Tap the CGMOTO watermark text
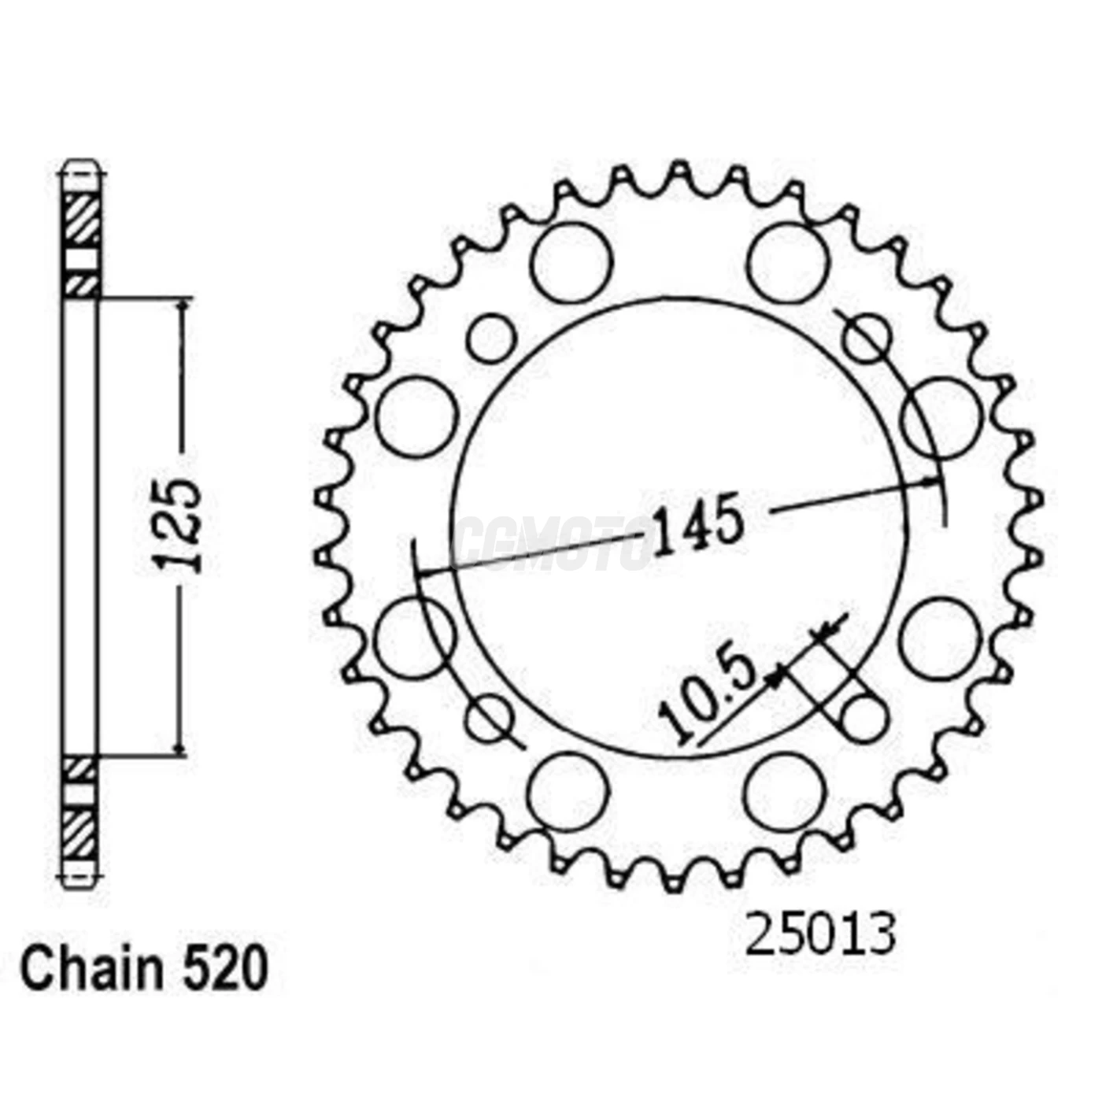tap(555, 543)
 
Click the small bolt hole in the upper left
tap(491, 338)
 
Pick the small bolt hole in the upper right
tap(867, 338)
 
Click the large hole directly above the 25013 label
tap(786, 792)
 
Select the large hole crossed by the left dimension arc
tap(415, 638)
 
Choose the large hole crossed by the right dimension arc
tap(942, 417)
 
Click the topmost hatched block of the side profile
tap(81, 220)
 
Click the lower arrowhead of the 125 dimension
tap(183, 748)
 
